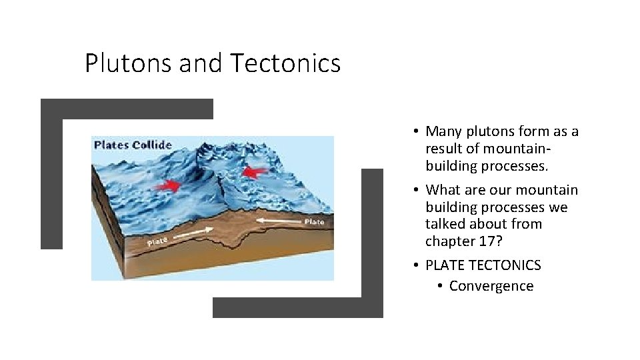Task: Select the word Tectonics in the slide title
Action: [285, 63]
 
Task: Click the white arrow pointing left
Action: [279, 219]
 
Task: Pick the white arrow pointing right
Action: [194, 233]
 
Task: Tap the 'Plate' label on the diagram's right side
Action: [315, 221]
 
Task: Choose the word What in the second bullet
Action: [443, 190]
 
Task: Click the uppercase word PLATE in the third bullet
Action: [445, 265]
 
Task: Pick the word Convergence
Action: [491, 286]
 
